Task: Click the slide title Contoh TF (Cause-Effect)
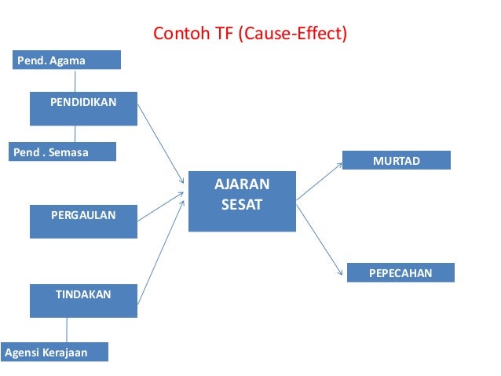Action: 250,34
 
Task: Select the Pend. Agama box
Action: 67,60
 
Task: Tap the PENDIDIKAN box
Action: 83,108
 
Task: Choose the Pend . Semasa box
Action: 64,151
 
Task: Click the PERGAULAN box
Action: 83,221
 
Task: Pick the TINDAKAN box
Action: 83,301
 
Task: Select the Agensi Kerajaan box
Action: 54,352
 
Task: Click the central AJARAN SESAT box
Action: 242,201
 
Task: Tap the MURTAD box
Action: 397,160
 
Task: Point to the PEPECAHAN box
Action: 400,272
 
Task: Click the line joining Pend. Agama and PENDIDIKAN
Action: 75,80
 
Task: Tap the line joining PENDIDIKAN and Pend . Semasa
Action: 75,133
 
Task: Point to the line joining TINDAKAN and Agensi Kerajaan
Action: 67,330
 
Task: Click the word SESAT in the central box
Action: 242,206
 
